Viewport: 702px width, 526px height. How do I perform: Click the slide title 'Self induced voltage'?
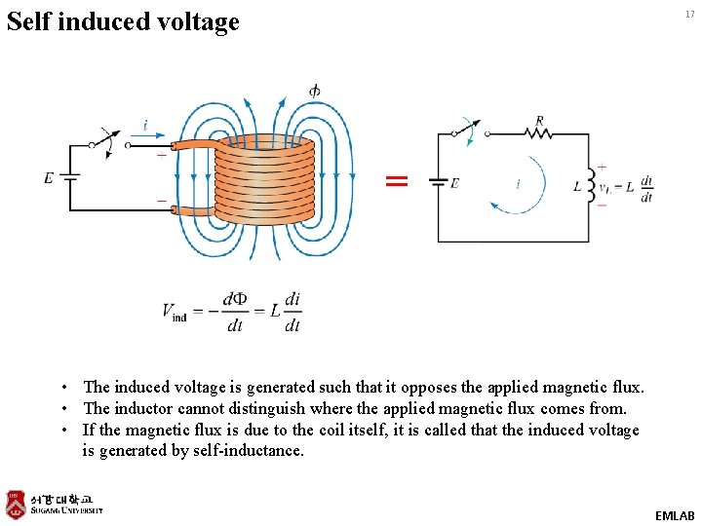pos(122,20)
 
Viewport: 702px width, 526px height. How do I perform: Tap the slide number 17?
pos(689,14)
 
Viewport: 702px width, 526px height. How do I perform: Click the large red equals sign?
pos(396,180)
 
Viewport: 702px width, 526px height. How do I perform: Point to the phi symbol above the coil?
pos(314,91)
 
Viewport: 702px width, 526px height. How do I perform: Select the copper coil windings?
pos(265,179)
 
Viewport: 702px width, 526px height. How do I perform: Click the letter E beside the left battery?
pos(49,177)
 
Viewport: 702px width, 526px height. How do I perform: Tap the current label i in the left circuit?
pos(145,126)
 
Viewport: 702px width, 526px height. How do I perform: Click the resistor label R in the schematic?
pos(539,121)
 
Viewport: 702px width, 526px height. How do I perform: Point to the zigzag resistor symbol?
pos(538,134)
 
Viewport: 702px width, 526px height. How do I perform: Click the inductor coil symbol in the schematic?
pos(589,185)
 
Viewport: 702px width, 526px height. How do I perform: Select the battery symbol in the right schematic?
pos(438,182)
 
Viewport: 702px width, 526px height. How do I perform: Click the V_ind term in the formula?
pos(175,312)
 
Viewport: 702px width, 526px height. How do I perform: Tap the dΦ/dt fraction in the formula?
pos(235,312)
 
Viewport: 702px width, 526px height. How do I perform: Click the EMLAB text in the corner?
pos(675,514)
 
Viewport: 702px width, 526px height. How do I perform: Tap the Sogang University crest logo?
pos(16,503)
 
